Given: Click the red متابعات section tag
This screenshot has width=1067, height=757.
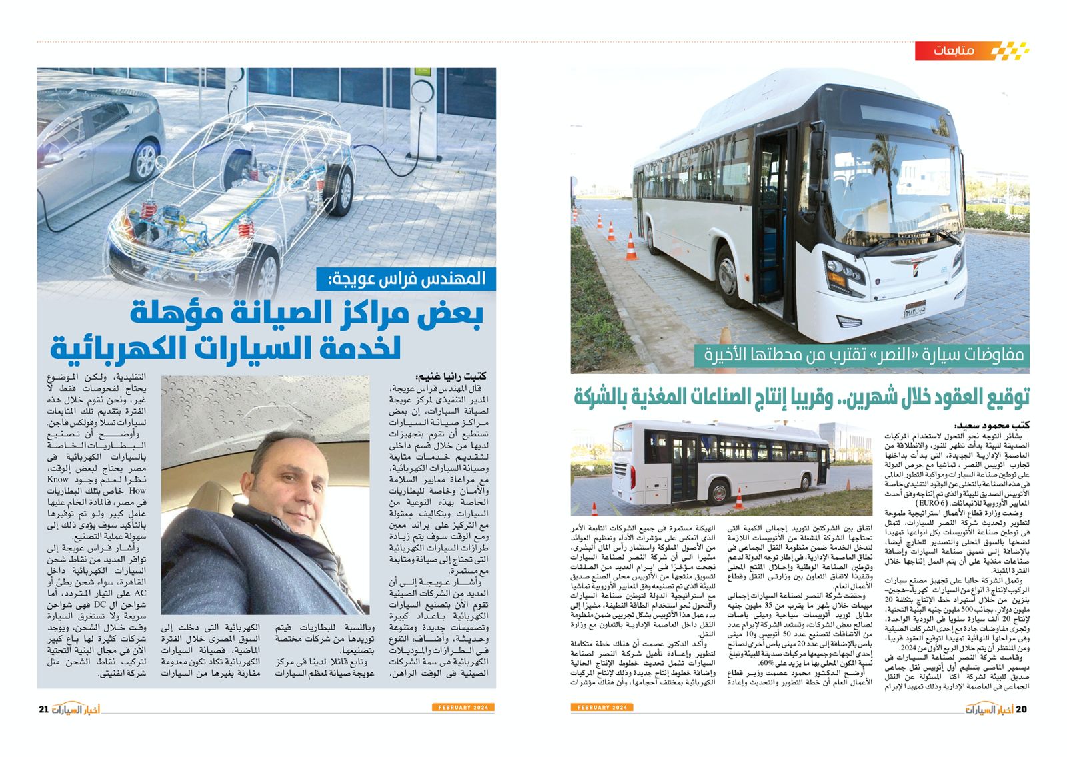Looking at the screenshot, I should click(953, 51).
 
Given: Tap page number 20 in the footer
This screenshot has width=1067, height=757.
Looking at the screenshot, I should click(1021, 708).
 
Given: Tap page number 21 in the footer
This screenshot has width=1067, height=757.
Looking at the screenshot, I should click(43, 708).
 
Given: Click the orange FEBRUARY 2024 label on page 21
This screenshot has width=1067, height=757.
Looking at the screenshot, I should click(463, 707).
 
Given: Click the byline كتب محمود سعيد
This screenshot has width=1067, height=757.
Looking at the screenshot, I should click(992, 425).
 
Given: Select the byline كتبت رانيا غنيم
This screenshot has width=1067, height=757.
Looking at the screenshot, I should click(451, 376).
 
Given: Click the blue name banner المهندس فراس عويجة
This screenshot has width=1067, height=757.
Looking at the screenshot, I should click(407, 279).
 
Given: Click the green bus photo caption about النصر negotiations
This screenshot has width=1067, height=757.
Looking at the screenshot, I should click(860, 355).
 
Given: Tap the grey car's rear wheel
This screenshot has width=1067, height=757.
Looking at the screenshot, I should click(143, 161).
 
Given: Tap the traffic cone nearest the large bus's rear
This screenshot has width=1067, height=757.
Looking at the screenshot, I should click(630, 247).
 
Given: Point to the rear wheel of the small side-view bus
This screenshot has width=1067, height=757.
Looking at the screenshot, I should click(719, 493).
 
